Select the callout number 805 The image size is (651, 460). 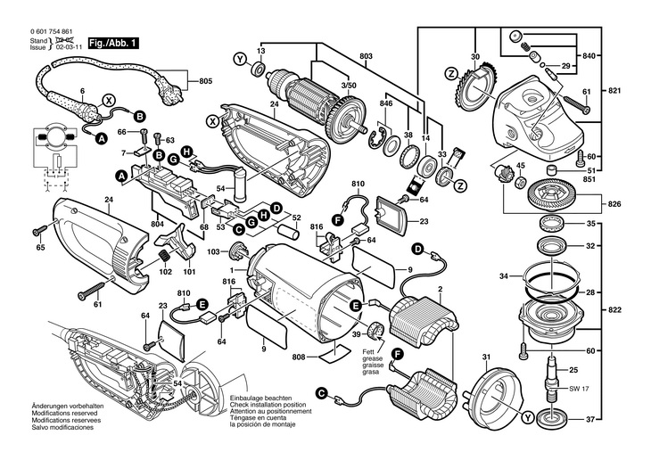pyautogui.click(x=206, y=81)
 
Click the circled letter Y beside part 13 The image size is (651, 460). pyautogui.click(x=238, y=59)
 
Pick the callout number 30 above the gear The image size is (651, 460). pyautogui.click(x=475, y=58)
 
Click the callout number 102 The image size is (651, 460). pyautogui.click(x=164, y=273)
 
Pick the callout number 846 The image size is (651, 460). pyautogui.click(x=385, y=104)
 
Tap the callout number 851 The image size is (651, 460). pyautogui.click(x=589, y=178)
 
